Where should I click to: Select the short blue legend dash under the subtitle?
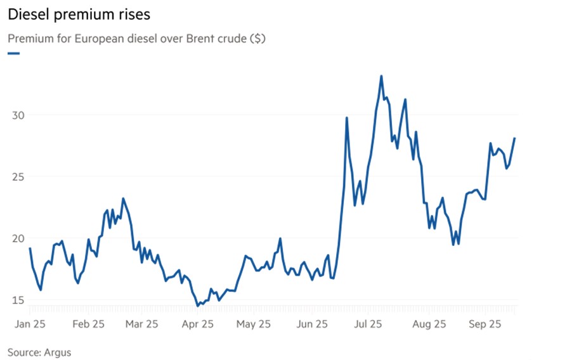[x=14, y=53]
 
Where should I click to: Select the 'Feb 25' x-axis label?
[x=88, y=324]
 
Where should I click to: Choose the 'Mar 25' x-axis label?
[x=142, y=324]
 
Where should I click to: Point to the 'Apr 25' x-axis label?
[x=198, y=324]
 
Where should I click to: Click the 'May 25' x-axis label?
[x=253, y=324]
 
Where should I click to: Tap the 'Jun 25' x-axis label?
[x=311, y=324]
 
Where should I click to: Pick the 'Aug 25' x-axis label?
[x=429, y=324]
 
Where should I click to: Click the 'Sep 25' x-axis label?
[x=485, y=324]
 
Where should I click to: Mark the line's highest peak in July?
[x=381, y=76]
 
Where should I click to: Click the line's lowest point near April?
[x=198, y=305]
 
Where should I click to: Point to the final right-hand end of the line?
[x=515, y=138]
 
